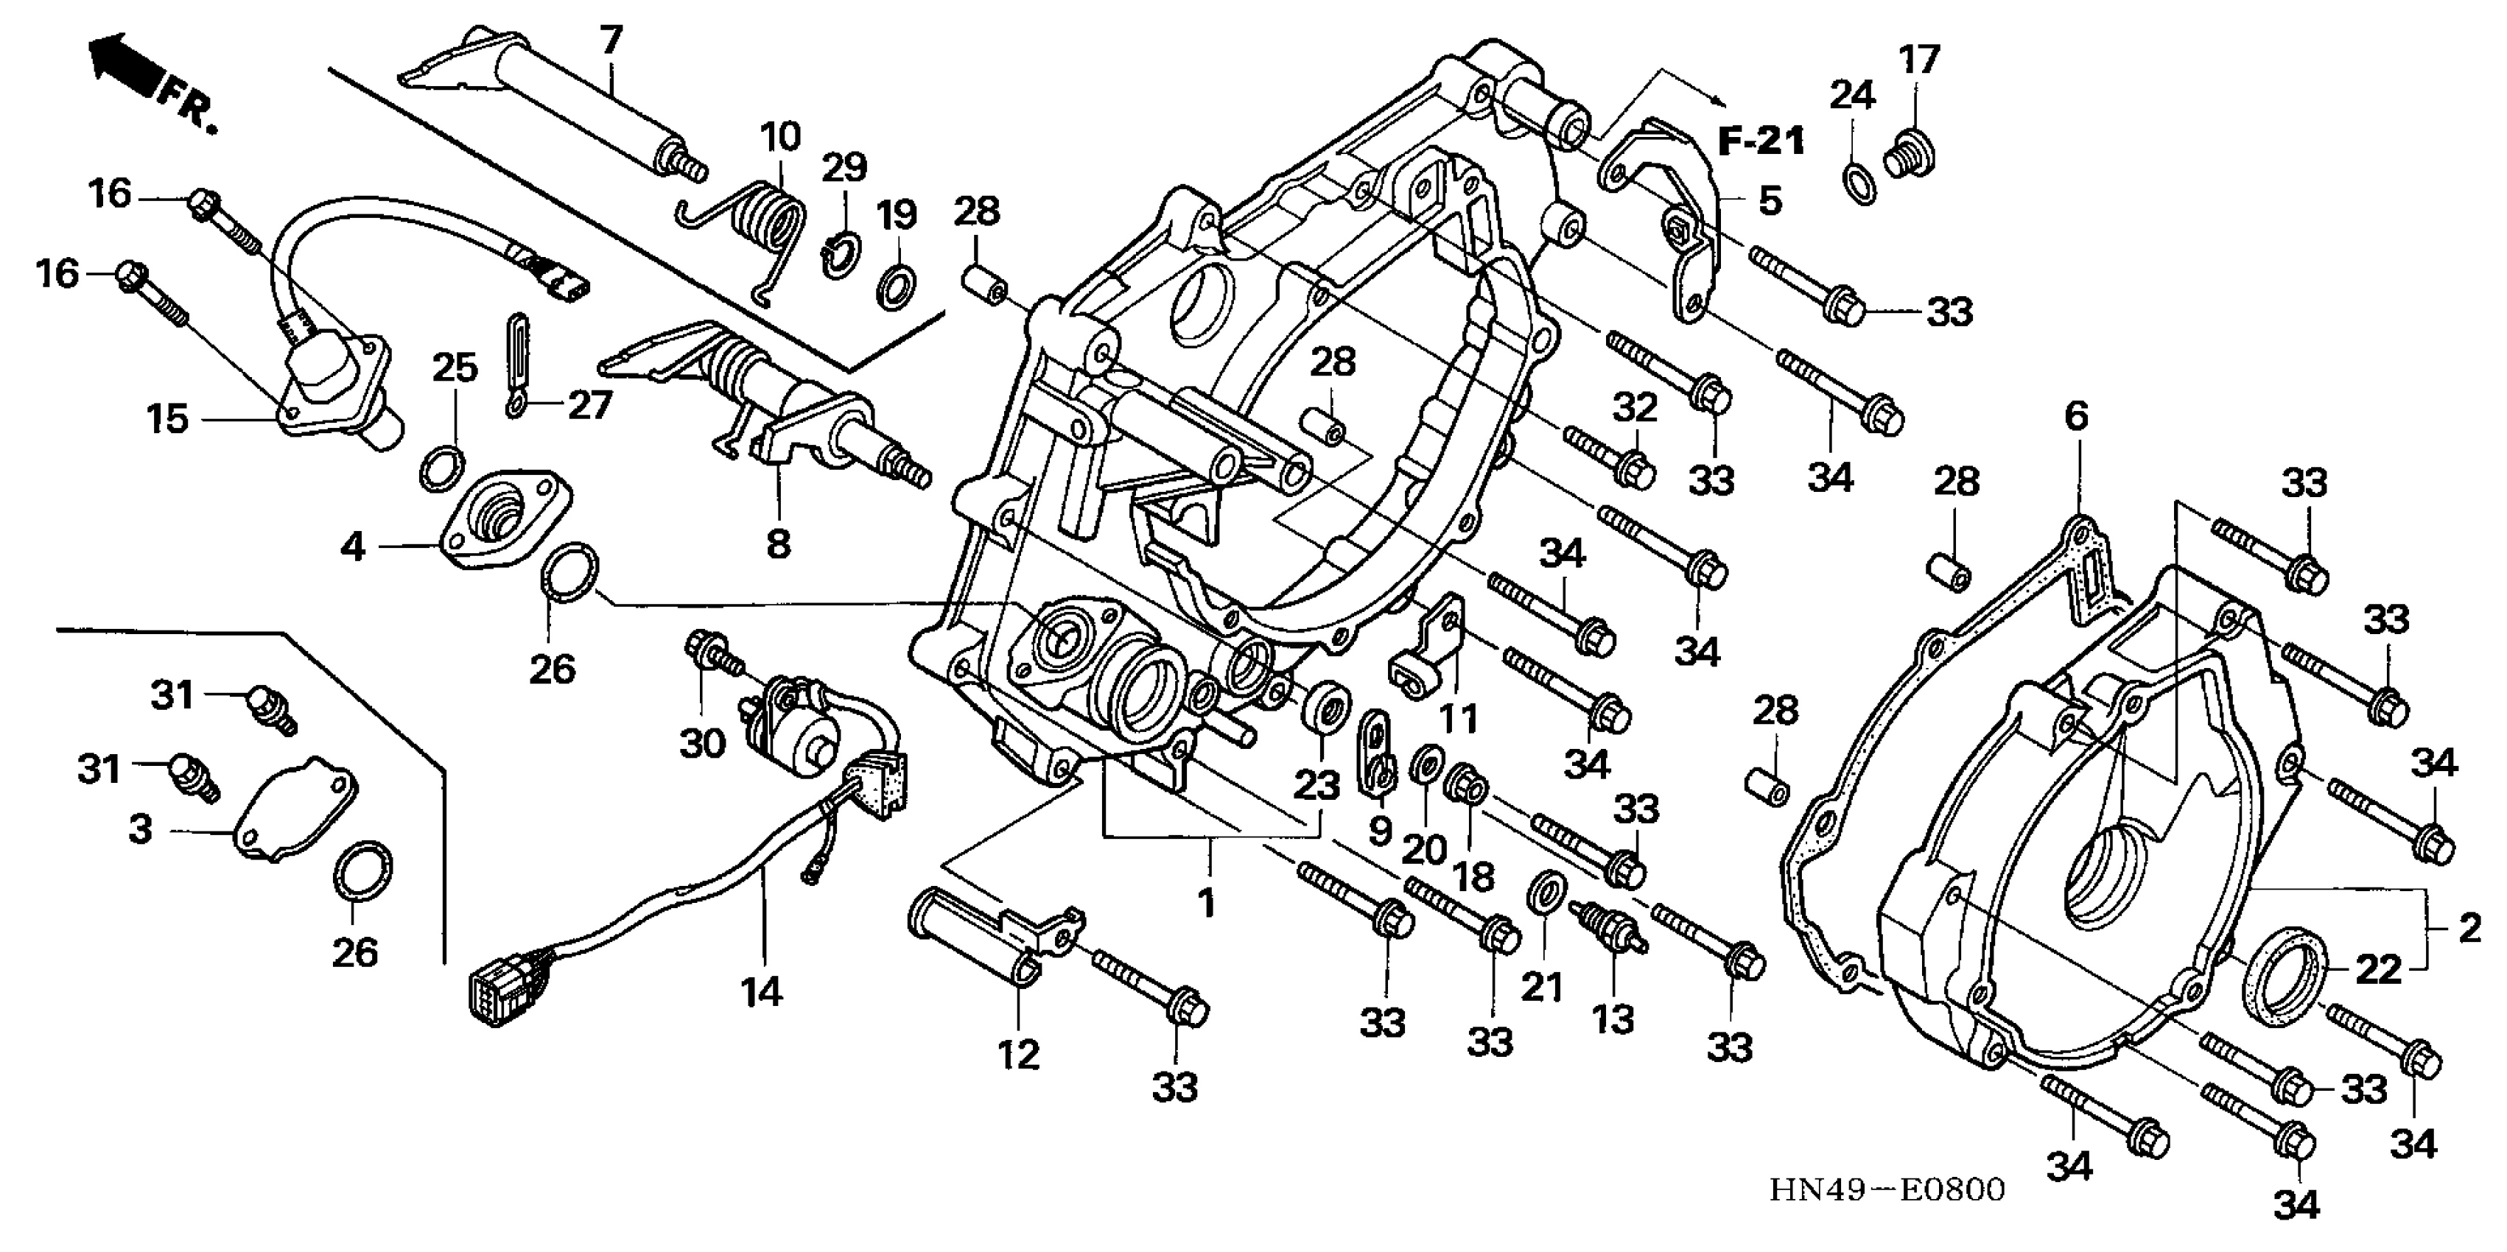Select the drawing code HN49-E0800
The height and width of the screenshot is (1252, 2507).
click(1887, 1189)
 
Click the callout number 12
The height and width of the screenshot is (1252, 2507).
click(1018, 1054)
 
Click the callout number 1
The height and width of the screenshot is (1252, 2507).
click(1207, 903)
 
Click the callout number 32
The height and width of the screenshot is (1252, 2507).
click(1634, 407)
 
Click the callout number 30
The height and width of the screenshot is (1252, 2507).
click(701, 744)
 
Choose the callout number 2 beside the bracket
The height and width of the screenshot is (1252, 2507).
click(2468, 929)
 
